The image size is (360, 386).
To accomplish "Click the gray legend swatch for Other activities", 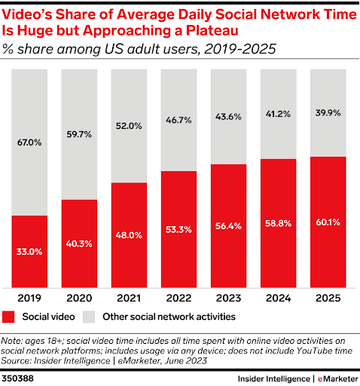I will click(90, 316).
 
